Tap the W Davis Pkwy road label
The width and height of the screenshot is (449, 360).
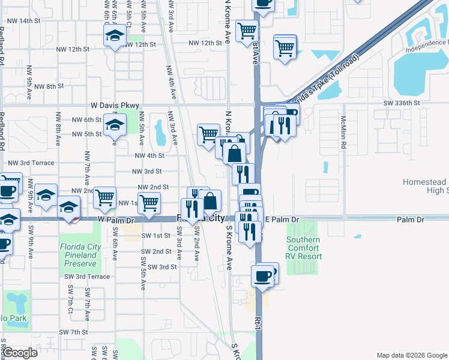coord(115,105)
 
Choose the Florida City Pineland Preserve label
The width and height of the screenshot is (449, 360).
coord(79,255)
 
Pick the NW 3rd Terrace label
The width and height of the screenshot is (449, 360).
coord(31,163)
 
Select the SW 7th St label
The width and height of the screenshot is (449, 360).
coord(73,332)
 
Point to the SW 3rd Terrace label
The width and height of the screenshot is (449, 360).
coord(88,277)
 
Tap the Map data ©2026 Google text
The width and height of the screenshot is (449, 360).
coord(411,355)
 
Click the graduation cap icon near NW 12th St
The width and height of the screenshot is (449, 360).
coord(114,37)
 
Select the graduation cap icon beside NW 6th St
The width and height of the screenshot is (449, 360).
coord(113,125)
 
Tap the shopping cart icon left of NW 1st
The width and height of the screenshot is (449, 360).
coord(105,196)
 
